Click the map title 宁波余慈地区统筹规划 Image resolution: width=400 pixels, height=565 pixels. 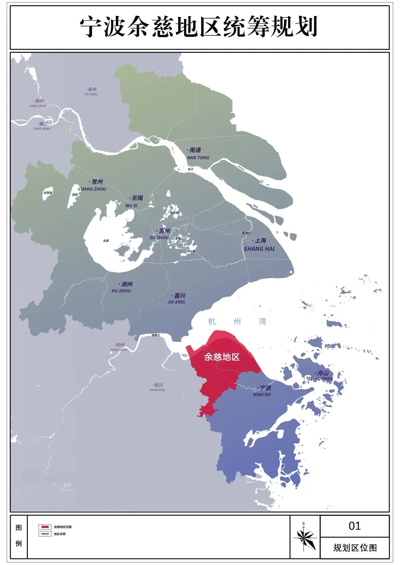[x=199, y=27]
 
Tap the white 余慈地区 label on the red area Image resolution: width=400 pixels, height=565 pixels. [x=222, y=357]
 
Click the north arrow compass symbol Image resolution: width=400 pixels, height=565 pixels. [x=305, y=536]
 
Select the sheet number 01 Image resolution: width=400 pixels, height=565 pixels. [x=354, y=526]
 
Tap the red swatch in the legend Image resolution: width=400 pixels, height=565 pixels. [x=45, y=527]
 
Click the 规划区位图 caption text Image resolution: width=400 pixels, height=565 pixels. [x=355, y=548]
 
